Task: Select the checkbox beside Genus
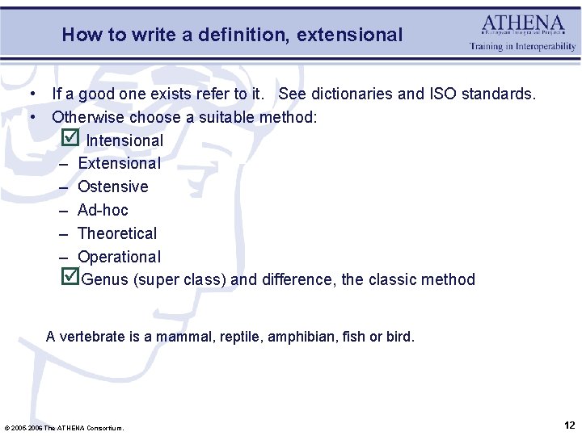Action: click(70, 277)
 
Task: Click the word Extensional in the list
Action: click(119, 163)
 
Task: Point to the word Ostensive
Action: click(112, 187)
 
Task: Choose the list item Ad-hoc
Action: click(103, 210)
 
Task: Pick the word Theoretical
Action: click(117, 233)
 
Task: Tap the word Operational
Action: click(119, 257)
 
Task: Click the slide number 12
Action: click(569, 425)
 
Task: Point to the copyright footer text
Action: click(64, 427)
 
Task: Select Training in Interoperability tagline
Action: click(523, 47)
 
